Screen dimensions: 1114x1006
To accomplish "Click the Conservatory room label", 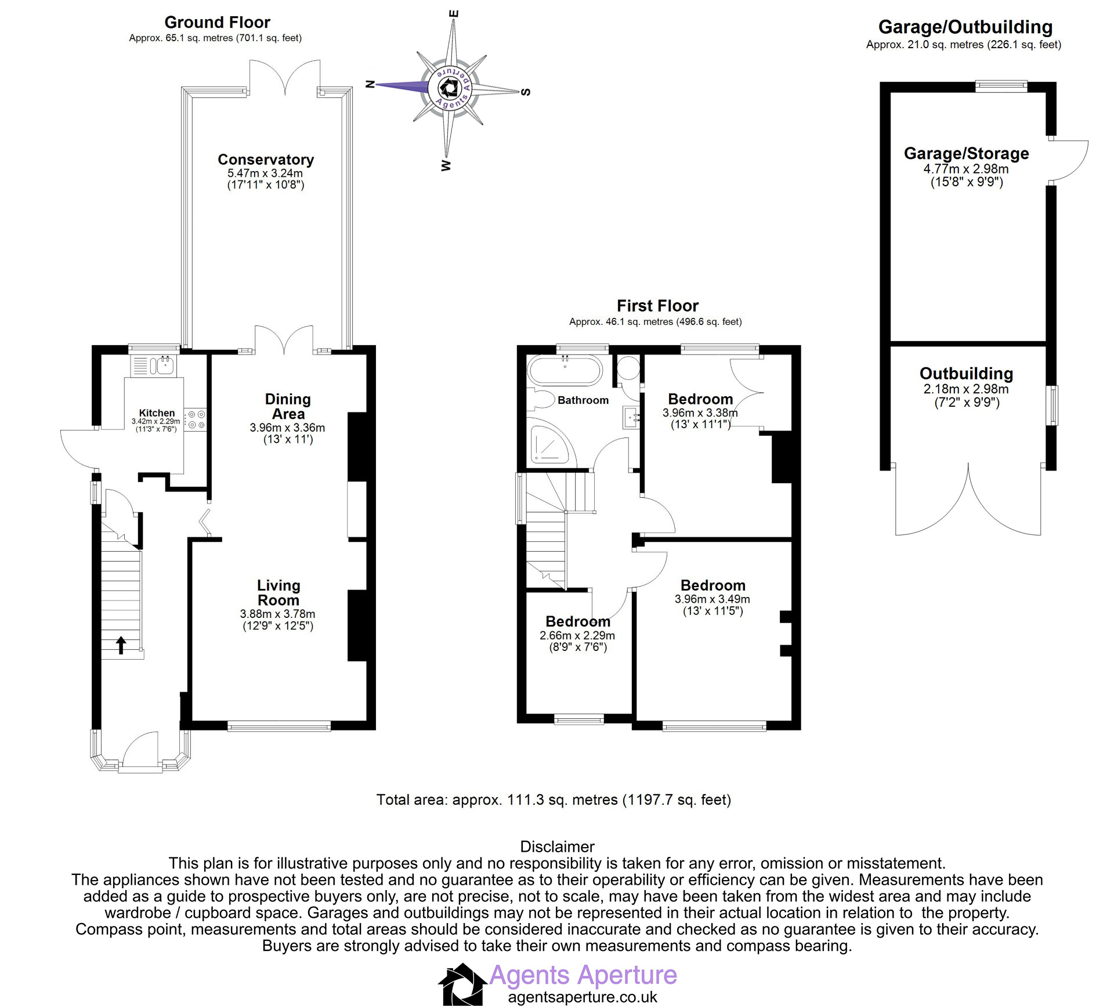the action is click(x=266, y=160).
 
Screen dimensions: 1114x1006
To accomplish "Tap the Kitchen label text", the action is click(x=157, y=413).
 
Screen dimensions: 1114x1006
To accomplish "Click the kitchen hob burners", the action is click(x=196, y=419).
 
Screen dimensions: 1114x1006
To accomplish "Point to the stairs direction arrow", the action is click(x=121, y=645).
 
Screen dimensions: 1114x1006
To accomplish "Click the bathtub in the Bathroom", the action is click(x=565, y=370).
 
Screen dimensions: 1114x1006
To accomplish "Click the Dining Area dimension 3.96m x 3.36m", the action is click(x=287, y=428).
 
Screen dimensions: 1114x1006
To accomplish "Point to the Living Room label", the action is click(x=278, y=593).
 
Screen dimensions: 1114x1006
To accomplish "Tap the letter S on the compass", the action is click(x=526, y=92).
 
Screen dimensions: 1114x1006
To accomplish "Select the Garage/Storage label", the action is click(x=966, y=154).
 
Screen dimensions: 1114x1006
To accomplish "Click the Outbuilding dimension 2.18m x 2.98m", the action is click(x=966, y=389).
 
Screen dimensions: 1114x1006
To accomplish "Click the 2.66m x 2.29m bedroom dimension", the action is click(x=577, y=636).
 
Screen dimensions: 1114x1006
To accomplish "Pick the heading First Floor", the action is click(x=657, y=306).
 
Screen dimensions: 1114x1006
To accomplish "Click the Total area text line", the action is click(x=554, y=800).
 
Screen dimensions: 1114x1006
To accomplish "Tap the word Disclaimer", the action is click(x=557, y=846).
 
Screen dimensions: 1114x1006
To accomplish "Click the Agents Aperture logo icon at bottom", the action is click(x=462, y=984).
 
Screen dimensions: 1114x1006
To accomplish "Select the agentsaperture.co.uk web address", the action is click(x=583, y=997).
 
